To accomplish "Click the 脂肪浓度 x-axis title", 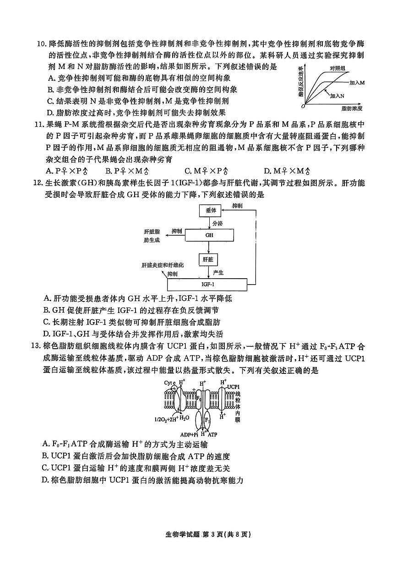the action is point(352,108).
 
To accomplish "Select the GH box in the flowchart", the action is point(210,235).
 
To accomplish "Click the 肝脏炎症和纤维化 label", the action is point(163,265).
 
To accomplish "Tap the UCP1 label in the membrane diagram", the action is point(233,387).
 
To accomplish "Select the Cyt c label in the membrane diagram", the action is point(169,382).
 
